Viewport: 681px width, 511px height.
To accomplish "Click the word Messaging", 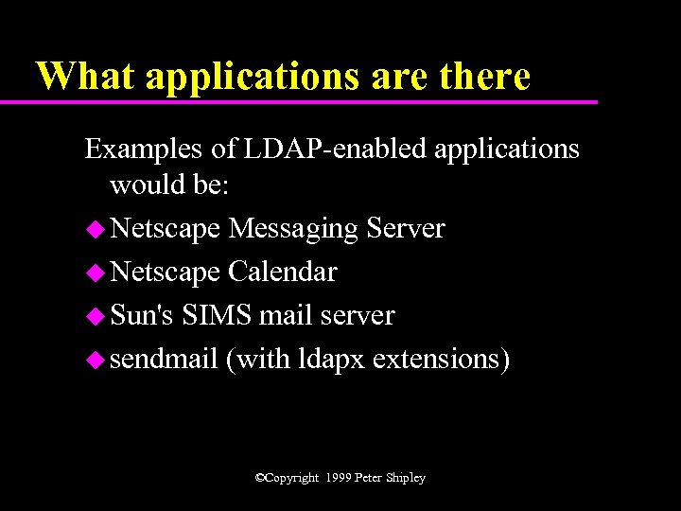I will click(x=293, y=229).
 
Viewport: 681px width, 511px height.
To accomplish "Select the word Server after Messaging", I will click(x=406, y=229).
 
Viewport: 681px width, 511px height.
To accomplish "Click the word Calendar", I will click(x=283, y=273).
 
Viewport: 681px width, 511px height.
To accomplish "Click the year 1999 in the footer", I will click(x=337, y=478).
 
